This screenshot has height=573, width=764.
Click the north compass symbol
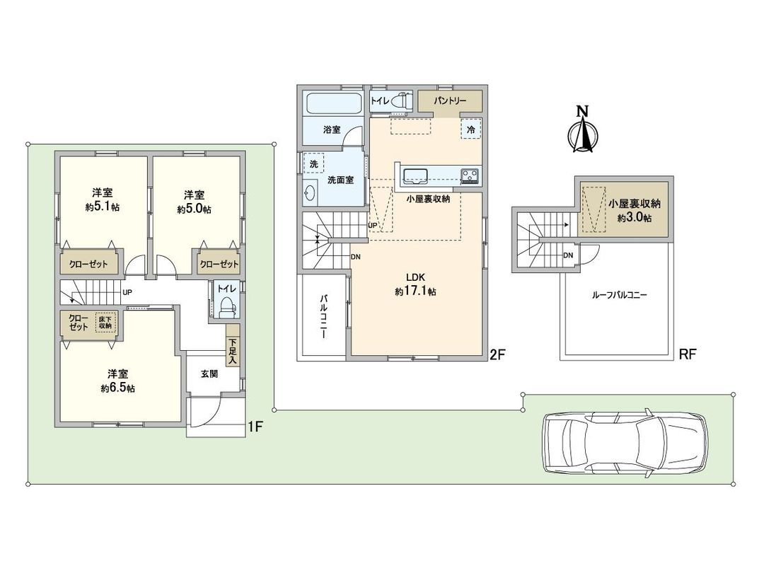582,130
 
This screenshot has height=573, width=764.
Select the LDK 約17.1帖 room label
415,284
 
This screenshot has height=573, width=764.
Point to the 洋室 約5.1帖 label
103,200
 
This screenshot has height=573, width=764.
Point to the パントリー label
450,101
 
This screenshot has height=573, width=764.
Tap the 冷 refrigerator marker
470,129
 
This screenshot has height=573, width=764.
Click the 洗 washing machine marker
313,163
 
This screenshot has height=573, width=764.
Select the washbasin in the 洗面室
311,192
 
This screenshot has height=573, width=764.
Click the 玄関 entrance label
208,374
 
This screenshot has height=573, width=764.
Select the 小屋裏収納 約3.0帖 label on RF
635,210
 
